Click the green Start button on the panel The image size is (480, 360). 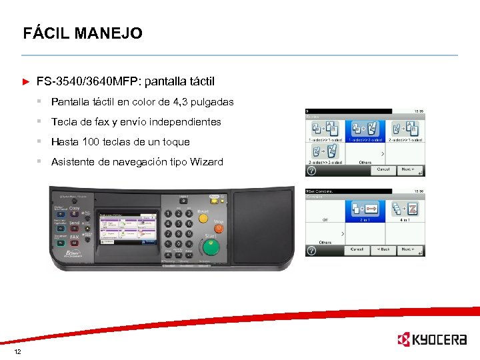211,249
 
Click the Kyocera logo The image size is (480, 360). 431,340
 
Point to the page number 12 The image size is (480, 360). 17,351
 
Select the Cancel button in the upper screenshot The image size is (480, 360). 383,169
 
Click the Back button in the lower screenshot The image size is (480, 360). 382,250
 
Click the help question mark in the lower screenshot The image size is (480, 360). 311,250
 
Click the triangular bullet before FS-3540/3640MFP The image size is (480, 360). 26,82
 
